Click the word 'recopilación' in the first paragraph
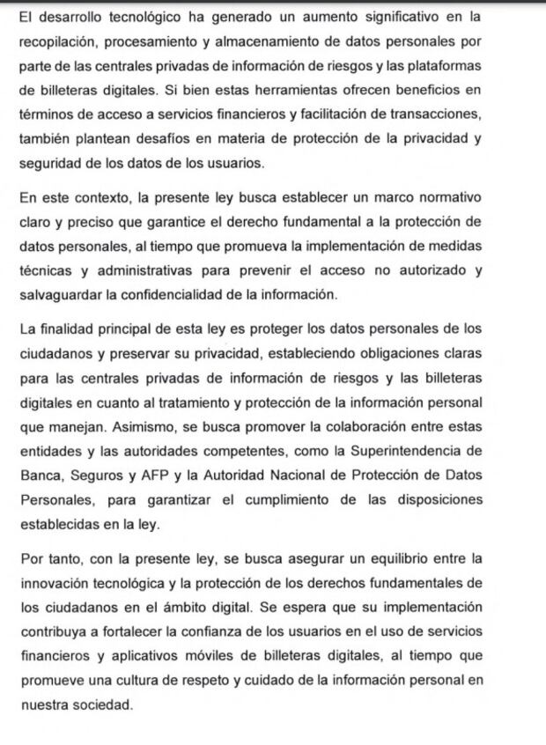[x=55, y=41]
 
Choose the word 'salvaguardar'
[x=57, y=294]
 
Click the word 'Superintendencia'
[x=409, y=452]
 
